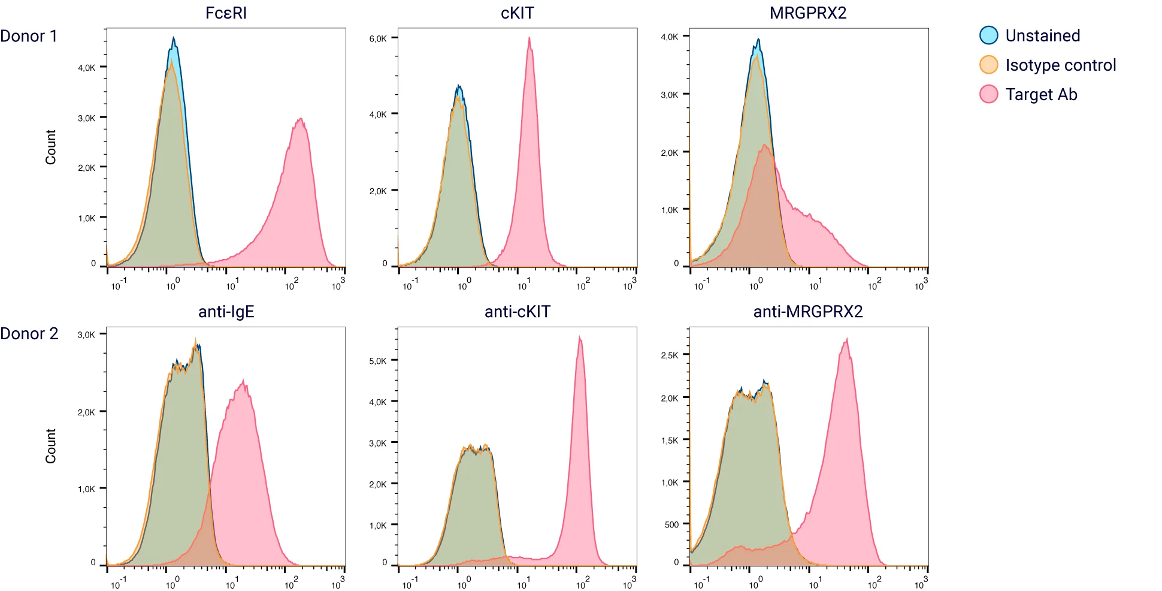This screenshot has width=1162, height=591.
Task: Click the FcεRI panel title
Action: click(226, 13)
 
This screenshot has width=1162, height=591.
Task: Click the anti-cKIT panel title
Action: click(517, 311)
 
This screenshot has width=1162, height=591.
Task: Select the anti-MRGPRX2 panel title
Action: click(808, 311)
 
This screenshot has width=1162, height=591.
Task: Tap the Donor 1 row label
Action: click(29, 36)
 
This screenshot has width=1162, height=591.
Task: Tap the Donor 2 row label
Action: click(29, 333)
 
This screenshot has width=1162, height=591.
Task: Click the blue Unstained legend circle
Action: click(988, 35)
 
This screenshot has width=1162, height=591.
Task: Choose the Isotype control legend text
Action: click(1060, 65)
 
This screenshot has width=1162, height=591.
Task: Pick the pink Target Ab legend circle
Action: click(988, 94)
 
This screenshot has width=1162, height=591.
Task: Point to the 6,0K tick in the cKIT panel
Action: click(379, 38)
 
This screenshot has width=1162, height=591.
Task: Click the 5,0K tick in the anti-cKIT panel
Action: click(378, 361)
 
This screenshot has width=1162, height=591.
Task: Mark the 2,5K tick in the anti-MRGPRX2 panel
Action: click(670, 355)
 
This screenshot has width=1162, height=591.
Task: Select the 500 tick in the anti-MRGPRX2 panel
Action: click(671, 524)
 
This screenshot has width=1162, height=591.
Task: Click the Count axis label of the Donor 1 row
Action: click(50, 147)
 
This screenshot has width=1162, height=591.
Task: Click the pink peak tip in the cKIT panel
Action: click(529, 38)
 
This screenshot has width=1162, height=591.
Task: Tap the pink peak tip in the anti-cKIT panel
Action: click(579, 337)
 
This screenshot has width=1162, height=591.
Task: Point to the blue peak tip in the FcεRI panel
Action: click(174, 38)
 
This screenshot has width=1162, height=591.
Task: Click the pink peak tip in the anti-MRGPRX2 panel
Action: click(846, 340)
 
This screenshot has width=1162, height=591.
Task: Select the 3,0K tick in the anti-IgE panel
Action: click(86, 334)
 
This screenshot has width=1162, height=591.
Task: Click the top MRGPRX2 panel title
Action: click(808, 13)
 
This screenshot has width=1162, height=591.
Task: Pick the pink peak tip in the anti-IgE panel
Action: click(243, 381)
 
